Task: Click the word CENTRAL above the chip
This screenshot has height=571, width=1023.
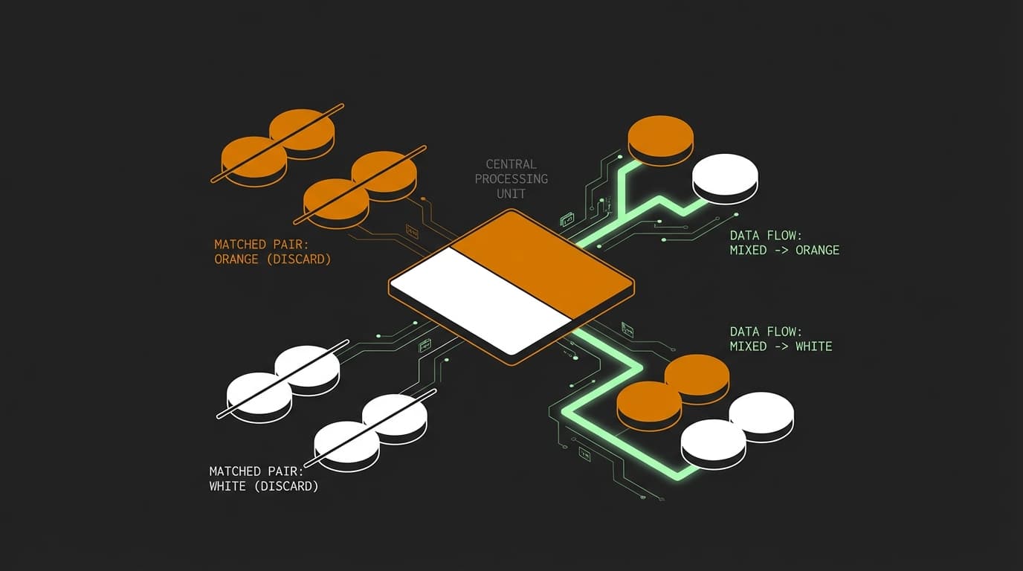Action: click(511, 164)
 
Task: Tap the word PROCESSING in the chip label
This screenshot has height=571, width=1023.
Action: click(512, 178)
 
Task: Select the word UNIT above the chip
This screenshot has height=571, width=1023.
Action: click(511, 194)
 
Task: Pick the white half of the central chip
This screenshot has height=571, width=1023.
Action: click(480, 302)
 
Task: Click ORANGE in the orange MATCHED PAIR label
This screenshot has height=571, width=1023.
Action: click(236, 259)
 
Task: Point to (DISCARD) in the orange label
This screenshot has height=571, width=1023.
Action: click(299, 259)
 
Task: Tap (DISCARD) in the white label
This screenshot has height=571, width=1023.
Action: click(286, 486)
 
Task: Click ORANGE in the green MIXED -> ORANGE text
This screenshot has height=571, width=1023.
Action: click(818, 251)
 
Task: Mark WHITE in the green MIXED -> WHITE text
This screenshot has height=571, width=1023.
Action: click(814, 346)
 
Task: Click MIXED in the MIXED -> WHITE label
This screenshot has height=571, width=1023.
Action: click(748, 346)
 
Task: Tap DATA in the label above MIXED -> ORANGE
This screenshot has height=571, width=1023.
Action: click(744, 236)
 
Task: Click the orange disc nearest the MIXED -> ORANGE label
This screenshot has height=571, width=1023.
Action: click(661, 139)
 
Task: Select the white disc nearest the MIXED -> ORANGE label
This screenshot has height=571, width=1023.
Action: click(725, 178)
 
